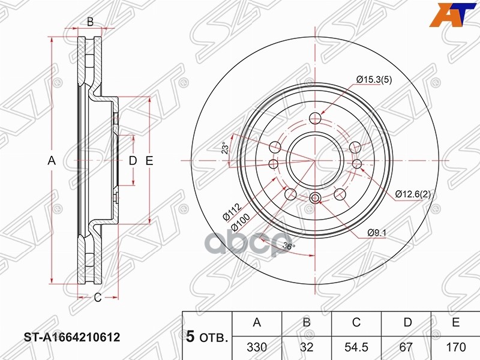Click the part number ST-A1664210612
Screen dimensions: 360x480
click(71, 338)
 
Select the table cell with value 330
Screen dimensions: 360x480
click(257, 346)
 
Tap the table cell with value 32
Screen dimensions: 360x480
click(306, 346)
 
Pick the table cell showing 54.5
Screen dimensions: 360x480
click(356, 346)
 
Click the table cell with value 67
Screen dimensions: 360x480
click(407, 346)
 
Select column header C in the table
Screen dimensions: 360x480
click(356, 323)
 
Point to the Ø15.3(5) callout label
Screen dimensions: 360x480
click(374, 79)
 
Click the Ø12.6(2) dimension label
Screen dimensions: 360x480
click(413, 194)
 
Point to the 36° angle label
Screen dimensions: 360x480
click(289, 246)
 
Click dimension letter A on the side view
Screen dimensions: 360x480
click(52, 160)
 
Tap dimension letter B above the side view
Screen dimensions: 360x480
click(90, 22)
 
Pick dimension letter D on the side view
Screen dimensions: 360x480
click(133, 160)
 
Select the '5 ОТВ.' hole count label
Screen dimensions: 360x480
click(207, 338)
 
